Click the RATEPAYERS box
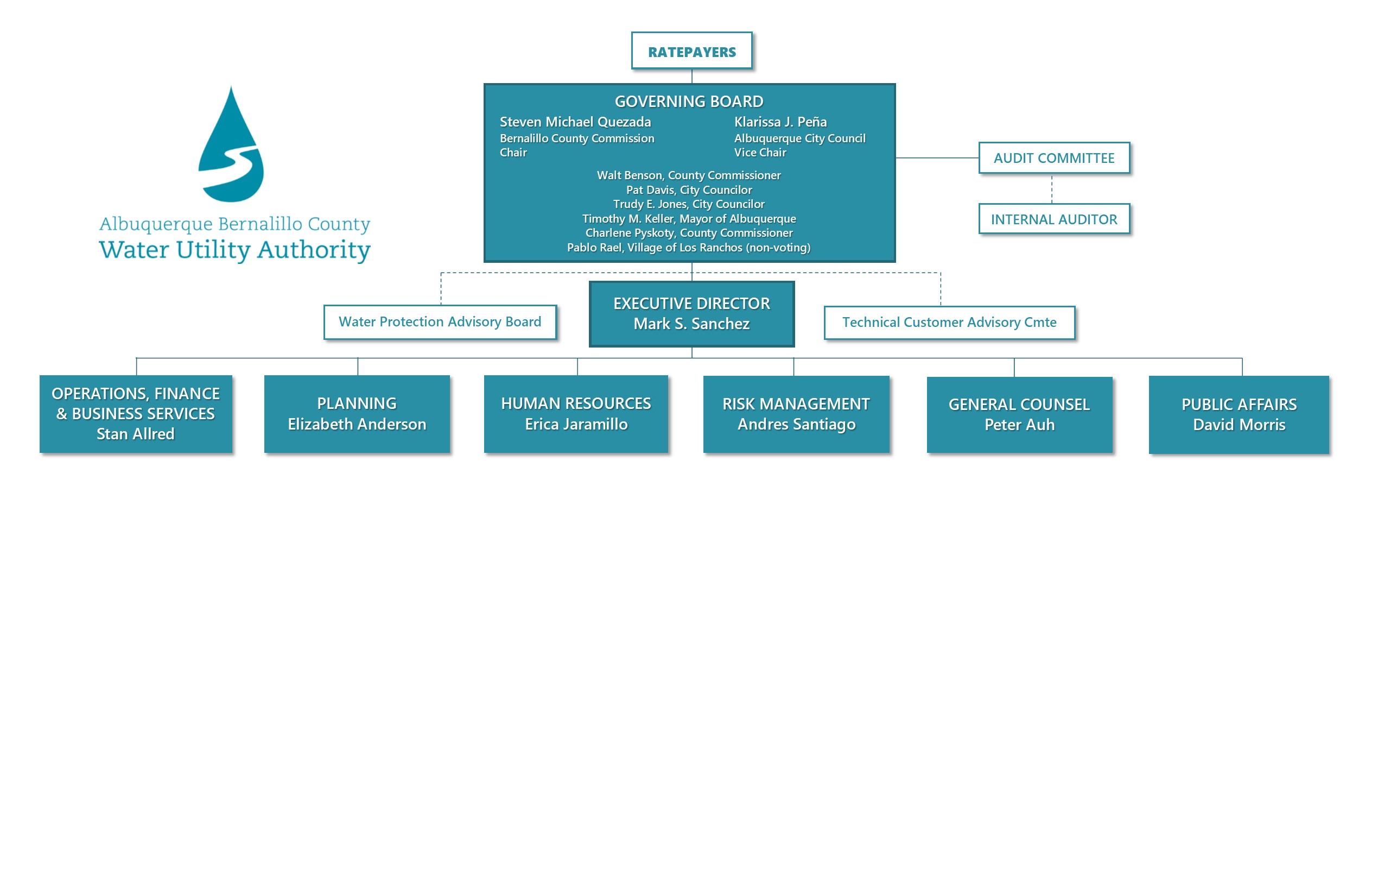tap(691, 51)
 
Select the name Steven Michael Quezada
tap(575, 122)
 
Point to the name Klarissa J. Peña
tap(780, 122)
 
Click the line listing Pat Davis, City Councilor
tap(689, 190)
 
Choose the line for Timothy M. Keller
tap(689, 219)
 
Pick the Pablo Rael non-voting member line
tap(689, 248)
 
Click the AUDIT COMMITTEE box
tap(1053, 157)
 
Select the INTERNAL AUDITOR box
tap(1053, 219)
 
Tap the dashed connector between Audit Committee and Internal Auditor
tap(1051, 188)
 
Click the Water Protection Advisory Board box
tap(440, 321)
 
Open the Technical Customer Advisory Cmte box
tap(949, 323)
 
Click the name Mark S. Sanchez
tap(691, 324)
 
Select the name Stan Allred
tap(136, 434)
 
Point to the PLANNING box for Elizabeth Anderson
tap(357, 414)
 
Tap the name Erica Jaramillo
tap(576, 424)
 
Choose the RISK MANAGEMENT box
tap(796, 414)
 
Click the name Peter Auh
tap(1019, 425)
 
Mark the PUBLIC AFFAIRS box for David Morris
tap(1239, 414)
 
